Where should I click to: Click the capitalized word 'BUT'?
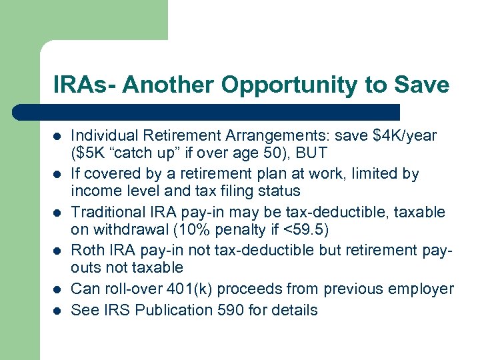pyautogui.click(x=312, y=153)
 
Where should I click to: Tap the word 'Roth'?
pyautogui.click(x=87, y=251)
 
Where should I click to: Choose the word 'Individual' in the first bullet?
pyautogui.click(x=101, y=136)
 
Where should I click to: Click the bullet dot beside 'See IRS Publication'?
pyautogui.click(x=57, y=311)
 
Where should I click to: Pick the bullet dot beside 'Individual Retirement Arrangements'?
pyautogui.click(x=57, y=137)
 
